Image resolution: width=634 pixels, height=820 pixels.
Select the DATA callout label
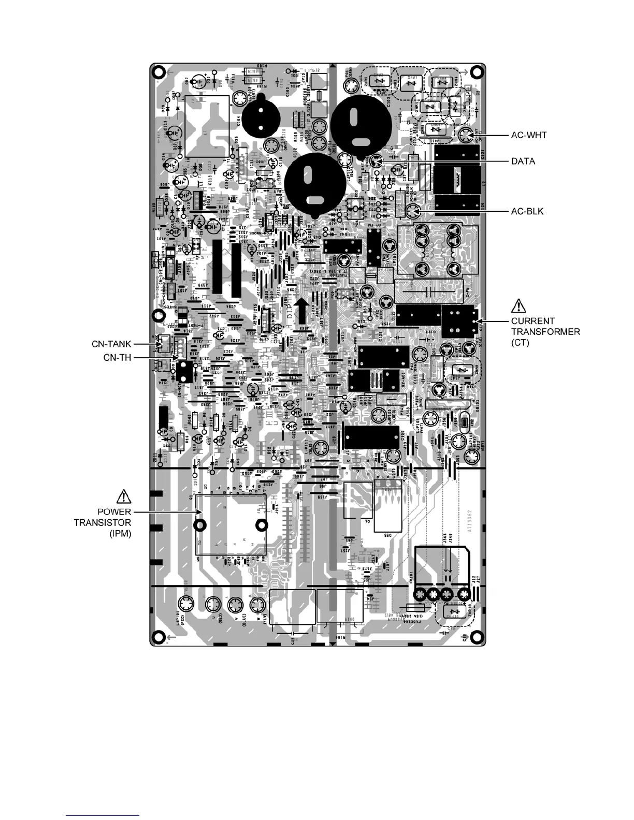[523, 162]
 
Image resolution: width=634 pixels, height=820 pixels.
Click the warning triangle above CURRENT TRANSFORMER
[518, 306]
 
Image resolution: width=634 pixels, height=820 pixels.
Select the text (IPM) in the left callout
[120, 532]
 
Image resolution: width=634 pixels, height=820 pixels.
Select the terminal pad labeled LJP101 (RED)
[185, 604]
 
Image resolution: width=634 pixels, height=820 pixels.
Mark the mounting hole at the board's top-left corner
[160, 71]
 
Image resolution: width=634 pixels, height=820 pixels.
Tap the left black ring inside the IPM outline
[199, 525]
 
